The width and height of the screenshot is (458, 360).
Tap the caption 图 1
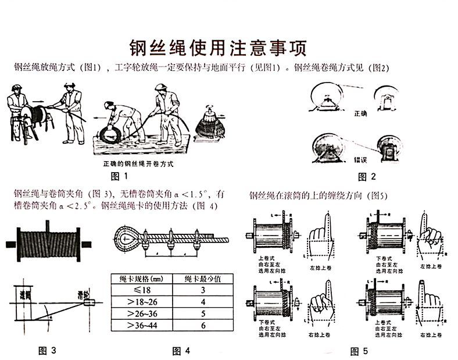[118, 175]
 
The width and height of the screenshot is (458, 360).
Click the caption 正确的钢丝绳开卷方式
[138, 164]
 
